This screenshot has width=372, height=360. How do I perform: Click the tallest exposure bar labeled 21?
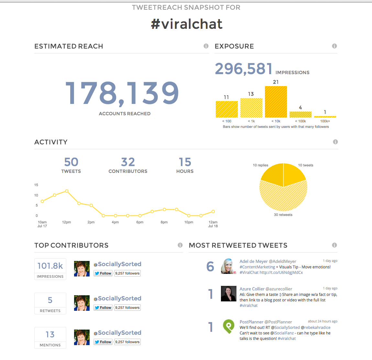[276, 102]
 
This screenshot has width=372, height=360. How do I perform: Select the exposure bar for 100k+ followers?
[325, 117]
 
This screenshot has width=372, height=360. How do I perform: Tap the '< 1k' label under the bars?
[251, 121]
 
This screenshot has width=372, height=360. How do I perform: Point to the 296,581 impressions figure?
[244, 69]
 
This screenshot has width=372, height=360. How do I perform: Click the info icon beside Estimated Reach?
[206, 46]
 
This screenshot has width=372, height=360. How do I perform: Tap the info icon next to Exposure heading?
[334, 46]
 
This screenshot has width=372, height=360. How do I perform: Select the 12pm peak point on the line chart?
[67, 191]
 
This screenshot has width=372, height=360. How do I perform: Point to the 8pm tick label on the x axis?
[164, 222]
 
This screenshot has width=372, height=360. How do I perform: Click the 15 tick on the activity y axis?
[36, 185]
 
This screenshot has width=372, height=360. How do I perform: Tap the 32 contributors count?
[128, 162]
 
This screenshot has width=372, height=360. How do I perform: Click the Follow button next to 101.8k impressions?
[103, 273]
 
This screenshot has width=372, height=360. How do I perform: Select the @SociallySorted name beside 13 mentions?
[119, 333]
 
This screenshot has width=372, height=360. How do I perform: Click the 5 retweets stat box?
[50, 303]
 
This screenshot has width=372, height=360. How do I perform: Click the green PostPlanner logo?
[229, 326]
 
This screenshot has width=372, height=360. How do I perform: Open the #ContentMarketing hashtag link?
[257, 267]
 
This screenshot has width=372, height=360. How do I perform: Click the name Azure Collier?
[252, 289]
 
